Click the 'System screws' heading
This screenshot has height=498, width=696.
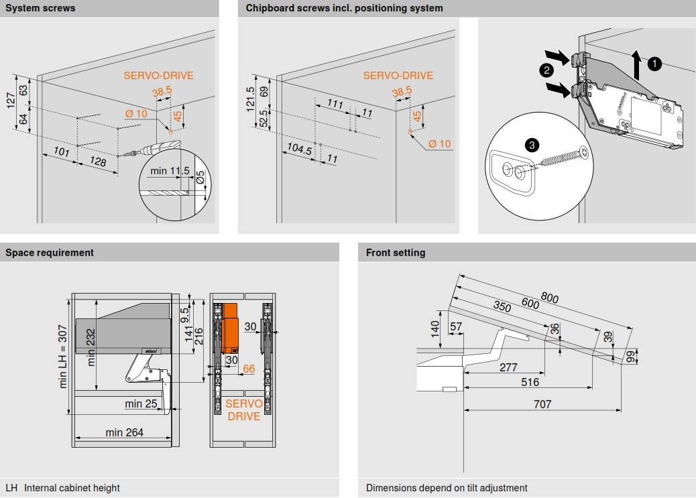click(40, 8)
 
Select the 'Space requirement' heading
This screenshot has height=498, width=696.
click(50, 253)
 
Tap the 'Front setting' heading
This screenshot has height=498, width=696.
click(396, 253)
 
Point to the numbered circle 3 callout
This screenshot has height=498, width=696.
click(532, 144)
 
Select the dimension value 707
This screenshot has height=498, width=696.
click(542, 404)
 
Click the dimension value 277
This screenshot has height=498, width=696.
click(508, 367)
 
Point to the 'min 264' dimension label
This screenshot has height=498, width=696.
click(124, 432)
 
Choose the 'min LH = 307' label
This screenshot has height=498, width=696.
click(64, 360)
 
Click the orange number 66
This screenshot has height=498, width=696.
click(249, 369)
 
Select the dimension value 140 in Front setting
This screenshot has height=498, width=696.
click(435, 328)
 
